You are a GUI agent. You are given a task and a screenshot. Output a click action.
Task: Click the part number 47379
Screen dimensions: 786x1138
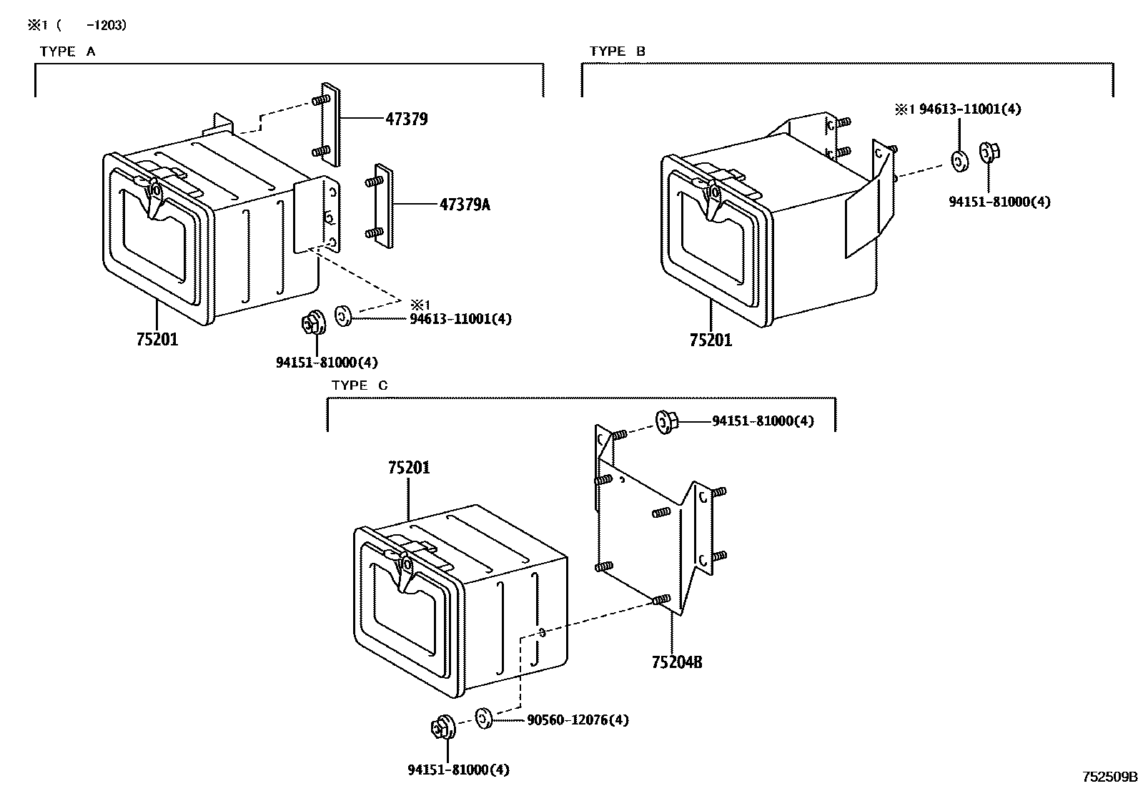[406, 119]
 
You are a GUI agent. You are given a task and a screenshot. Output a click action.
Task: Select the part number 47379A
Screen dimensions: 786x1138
[465, 205]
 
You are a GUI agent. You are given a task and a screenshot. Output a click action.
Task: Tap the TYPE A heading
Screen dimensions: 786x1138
[67, 51]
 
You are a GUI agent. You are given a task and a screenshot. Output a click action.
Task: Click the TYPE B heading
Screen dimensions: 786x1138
[618, 51]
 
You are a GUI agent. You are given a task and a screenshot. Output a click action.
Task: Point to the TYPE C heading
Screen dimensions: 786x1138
[360, 385]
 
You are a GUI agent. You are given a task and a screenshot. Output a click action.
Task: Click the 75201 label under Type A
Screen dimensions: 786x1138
[157, 340]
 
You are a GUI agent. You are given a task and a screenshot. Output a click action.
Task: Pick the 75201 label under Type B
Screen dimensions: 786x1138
[711, 340]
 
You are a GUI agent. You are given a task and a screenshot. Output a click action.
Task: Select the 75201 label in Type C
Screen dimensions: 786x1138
[409, 468]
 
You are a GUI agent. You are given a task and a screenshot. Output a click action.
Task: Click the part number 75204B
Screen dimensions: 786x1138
[676, 662]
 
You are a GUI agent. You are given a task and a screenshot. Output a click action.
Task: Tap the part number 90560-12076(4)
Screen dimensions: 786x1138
[578, 720]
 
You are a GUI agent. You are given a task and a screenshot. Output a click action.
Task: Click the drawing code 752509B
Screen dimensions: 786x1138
[1108, 777]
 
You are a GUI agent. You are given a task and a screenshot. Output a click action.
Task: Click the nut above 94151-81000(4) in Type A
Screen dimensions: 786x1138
[312, 323]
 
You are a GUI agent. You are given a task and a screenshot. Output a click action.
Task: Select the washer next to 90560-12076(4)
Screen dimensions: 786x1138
[483, 717]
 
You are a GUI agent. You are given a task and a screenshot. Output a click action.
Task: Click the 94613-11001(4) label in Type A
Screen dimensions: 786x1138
[460, 319]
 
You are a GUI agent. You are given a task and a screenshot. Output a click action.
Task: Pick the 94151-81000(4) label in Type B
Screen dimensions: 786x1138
[999, 202]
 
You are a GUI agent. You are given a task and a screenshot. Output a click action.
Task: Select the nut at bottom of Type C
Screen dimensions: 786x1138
[441, 728]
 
